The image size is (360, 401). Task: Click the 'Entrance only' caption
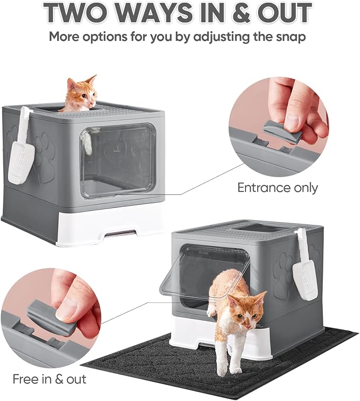(x=277, y=188)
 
